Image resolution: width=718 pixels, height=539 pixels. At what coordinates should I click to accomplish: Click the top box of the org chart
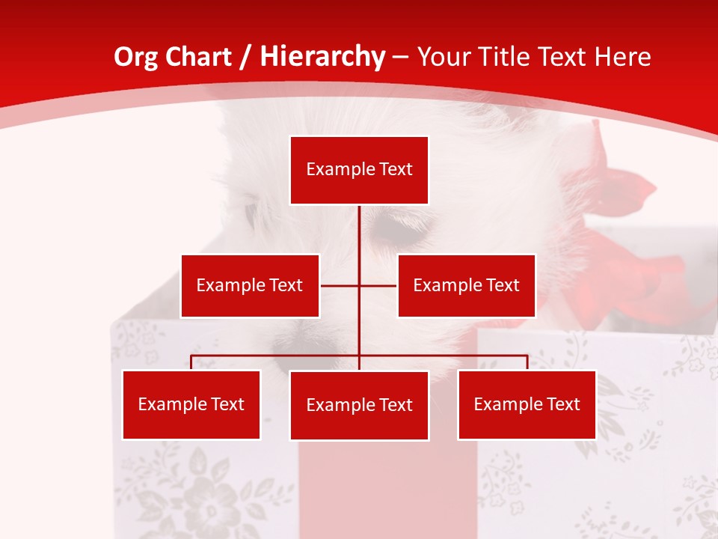point(359,170)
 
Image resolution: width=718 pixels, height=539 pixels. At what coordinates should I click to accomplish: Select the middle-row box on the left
point(250,286)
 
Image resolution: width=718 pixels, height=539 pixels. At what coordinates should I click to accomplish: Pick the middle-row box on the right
point(466,286)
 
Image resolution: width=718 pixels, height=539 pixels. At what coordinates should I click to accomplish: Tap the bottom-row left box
point(191,405)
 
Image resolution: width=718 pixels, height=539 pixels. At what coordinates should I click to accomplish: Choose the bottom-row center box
point(359,406)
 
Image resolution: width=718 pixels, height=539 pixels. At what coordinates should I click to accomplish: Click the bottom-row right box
point(527,405)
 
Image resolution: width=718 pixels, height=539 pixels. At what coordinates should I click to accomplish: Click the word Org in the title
point(136,57)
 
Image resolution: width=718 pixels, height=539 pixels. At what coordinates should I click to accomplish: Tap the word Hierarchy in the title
point(322,57)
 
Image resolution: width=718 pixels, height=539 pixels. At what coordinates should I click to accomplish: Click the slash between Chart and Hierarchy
point(245,57)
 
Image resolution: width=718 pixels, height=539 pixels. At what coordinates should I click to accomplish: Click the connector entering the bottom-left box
point(191,362)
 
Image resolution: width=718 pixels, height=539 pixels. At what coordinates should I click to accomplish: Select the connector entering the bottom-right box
point(527,362)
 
